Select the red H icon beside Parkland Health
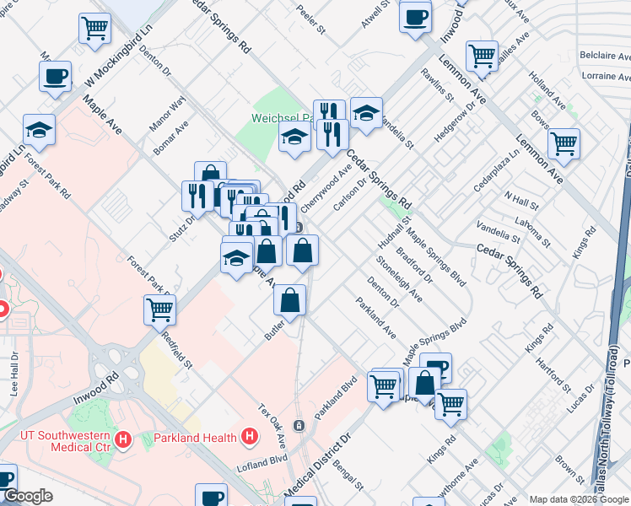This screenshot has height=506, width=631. click(249, 437)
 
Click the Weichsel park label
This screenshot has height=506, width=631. click(279, 119)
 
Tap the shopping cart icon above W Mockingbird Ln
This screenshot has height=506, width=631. click(94, 28)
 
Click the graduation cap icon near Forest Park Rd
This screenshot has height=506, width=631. click(40, 129)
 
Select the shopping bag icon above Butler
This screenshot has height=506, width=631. click(289, 300)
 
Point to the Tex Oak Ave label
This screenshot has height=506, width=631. click(272, 425)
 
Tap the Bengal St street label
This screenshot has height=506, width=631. click(348, 476)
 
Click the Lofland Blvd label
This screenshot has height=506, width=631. click(262, 465)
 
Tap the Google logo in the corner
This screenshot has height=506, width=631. click(27, 497)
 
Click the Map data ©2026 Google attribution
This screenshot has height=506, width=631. click(577, 499)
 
